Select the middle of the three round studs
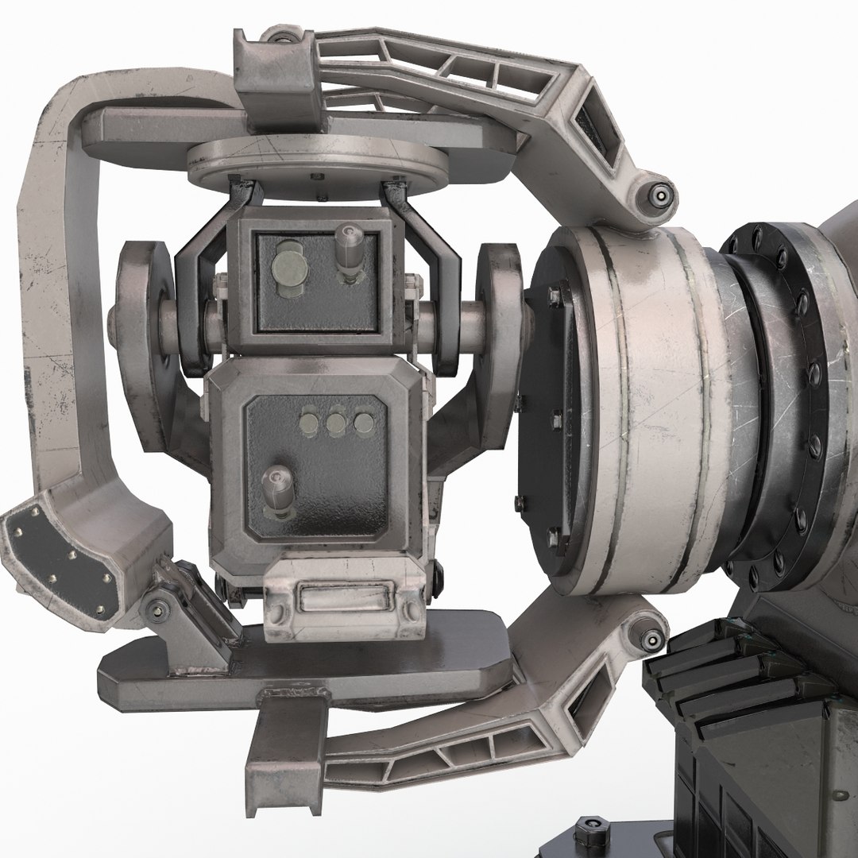point(337,422)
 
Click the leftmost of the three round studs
point(311,422)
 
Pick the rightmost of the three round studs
point(363,422)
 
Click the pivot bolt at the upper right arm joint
point(659,193)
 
